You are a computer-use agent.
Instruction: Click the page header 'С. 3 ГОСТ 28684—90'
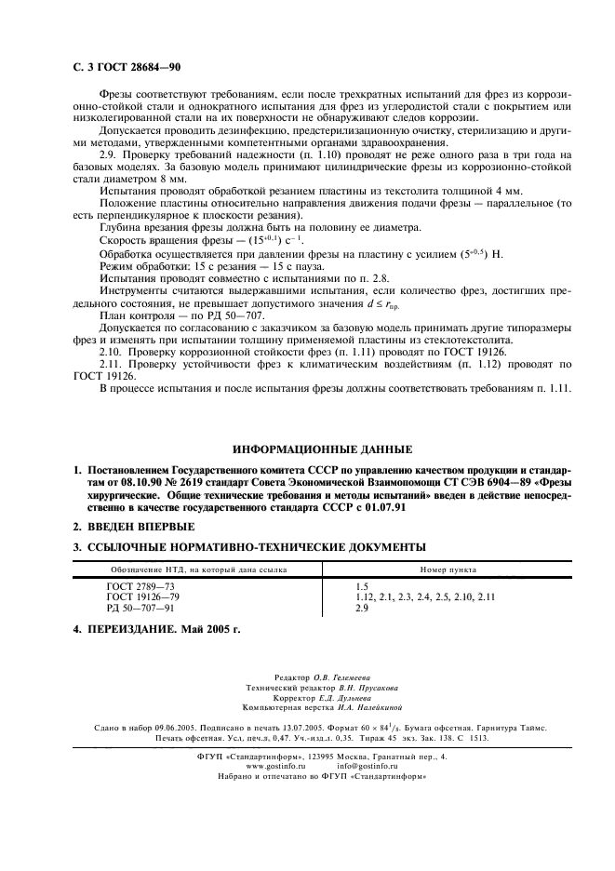[126, 69]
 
